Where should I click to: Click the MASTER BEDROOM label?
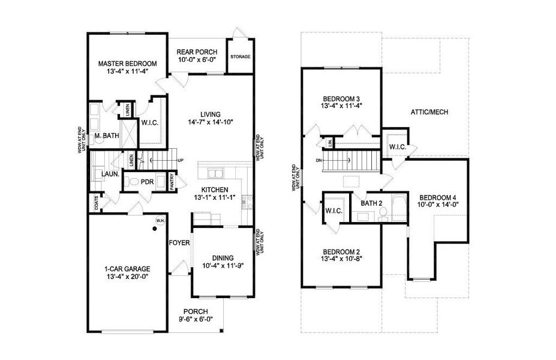127,63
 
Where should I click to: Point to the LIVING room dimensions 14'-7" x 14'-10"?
210,122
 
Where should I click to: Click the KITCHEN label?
215,189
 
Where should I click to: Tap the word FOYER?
179,243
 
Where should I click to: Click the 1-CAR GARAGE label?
127,269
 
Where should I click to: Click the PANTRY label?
172,182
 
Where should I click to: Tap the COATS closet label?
97,205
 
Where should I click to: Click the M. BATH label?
107,136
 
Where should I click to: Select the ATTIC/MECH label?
429,112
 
